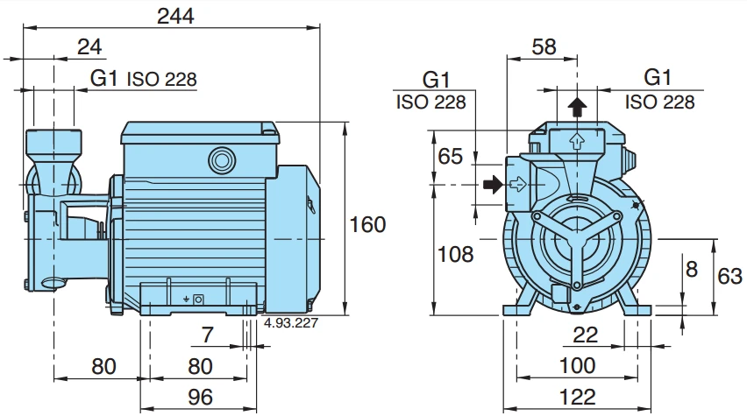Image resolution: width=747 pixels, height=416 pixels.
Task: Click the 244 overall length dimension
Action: pos(174,15)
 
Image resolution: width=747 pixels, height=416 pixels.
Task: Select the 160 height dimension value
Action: pos(366,224)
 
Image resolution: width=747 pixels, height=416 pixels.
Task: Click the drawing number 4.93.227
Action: pos(290,323)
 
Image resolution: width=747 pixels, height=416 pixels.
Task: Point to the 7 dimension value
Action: pos(207,334)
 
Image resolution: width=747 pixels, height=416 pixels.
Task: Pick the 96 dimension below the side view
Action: pos(201,397)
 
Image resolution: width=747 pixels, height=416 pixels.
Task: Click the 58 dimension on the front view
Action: pos(544,46)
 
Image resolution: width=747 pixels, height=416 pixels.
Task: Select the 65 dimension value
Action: pos(450,157)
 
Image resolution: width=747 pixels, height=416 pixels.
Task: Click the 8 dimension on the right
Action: pos(692,269)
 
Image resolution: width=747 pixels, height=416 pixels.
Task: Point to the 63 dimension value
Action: pos(729,276)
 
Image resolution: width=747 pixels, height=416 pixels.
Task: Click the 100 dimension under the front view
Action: pos(576,365)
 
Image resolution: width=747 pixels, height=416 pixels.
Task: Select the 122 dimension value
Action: pos(576,397)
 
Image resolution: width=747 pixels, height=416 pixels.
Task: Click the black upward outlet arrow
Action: pos(576,108)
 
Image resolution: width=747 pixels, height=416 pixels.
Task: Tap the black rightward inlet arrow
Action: pos(494,185)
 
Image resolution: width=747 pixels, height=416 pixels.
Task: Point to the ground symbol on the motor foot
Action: pos(186,300)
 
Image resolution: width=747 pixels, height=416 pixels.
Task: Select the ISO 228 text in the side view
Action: pos(162,79)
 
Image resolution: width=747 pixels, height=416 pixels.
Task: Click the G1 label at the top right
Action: pos(658,77)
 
